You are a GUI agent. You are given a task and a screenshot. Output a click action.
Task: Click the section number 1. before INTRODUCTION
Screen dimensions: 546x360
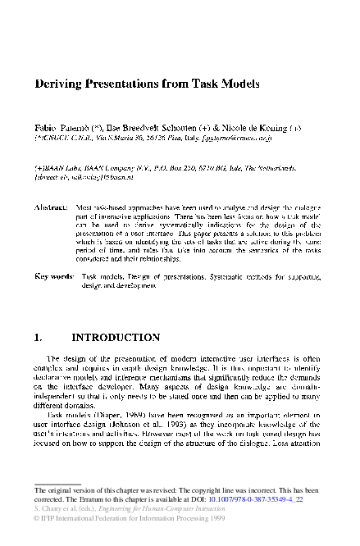point(38,337)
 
